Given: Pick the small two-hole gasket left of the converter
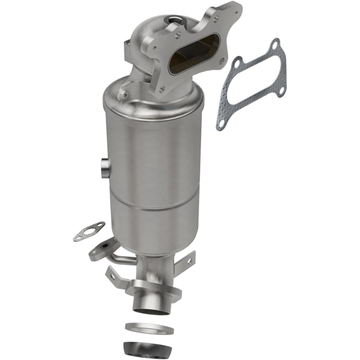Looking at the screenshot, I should pyautogui.click(x=89, y=231).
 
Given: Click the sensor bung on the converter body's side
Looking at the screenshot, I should pyautogui.click(x=103, y=167).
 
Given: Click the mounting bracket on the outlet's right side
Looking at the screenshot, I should pyautogui.click(x=185, y=265).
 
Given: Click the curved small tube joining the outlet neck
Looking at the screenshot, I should pyautogui.click(x=121, y=260).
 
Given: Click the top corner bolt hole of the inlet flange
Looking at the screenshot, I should pyautogui.click(x=234, y=9).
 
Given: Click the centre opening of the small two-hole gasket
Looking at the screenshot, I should pyautogui.click(x=90, y=230).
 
